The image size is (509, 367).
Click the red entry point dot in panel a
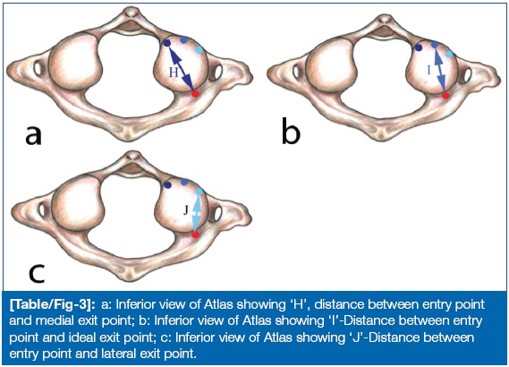pyautogui.click(x=195, y=94)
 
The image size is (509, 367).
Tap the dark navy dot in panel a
pyautogui.click(x=167, y=43)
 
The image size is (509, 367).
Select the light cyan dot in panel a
pyautogui.click(x=199, y=49)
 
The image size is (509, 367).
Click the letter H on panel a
pyautogui.click(x=174, y=73)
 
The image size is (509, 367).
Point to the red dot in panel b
pyautogui.click(x=445, y=96)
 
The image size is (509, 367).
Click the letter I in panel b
pyautogui.click(x=428, y=70)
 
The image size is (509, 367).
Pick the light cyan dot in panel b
pyautogui.click(x=449, y=54)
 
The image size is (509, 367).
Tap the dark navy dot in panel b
pyautogui.click(x=419, y=48)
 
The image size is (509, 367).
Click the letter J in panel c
pyautogui.click(x=186, y=210)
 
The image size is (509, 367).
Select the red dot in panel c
pyautogui.click(x=195, y=235)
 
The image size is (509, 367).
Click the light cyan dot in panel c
pyautogui.click(x=199, y=192)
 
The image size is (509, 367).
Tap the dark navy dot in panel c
pyautogui.click(x=168, y=185)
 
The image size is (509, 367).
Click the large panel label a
pyautogui.click(x=33, y=135)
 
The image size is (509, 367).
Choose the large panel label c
pyautogui.click(x=37, y=274)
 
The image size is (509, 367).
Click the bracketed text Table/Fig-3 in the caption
pyautogui.click(x=52, y=304)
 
